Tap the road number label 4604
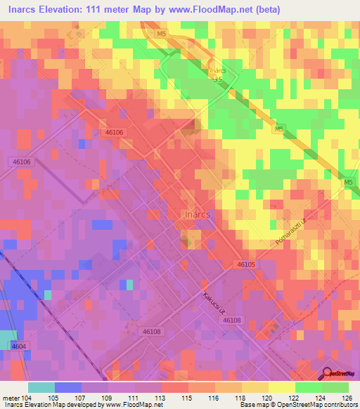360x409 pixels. [x=18, y=346]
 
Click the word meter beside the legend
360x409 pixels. [x=11, y=397]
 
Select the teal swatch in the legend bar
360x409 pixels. [x=41, y=387]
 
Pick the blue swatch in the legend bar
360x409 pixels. [x=67, y=387]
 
